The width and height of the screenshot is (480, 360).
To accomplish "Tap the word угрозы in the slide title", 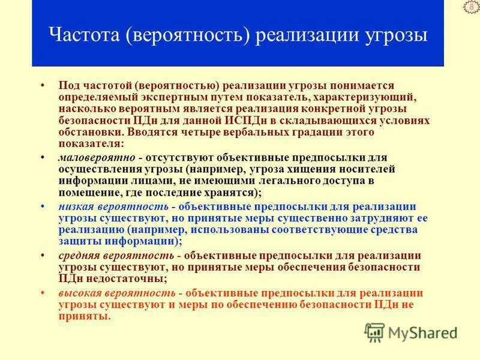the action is pos(394,34).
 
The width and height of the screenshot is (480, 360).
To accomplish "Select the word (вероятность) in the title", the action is pos(187,34).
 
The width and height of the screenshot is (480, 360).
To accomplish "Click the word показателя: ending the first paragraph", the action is pos(91,144).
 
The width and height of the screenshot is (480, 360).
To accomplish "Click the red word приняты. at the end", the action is pos(85,316).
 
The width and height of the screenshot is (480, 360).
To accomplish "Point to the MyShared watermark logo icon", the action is pos(375,331).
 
